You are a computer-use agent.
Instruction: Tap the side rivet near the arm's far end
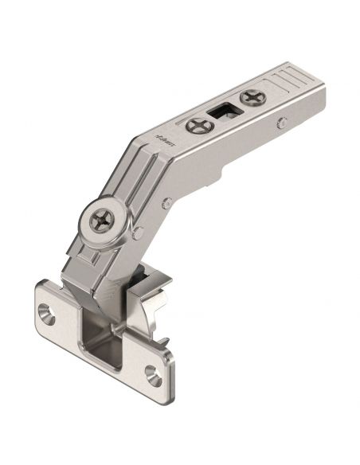pyautogui.click(x=283, y=121)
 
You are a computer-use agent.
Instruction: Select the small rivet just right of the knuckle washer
pyautogui.click(x=139, y=232)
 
